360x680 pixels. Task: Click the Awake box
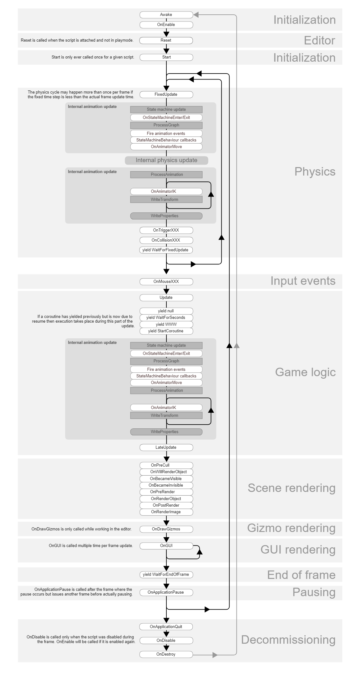coord(166,15)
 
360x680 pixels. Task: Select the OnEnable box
coord(166,25)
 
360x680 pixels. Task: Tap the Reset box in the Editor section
coord(166,40)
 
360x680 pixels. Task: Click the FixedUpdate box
coord(166,95)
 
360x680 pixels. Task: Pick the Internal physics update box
coord(166,161)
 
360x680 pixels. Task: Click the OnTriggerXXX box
coord(166,230)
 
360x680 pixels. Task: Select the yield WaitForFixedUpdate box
coord(166,250)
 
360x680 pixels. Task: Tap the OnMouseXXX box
coord(166,282)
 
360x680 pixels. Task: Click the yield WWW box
coord(166,325)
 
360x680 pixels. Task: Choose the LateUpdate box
coord(166,447)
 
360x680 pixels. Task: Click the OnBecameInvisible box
coord(166,485)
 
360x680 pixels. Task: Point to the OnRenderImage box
coord(166,512)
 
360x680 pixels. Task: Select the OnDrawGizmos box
coord(166,529)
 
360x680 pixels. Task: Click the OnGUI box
coord(166,546)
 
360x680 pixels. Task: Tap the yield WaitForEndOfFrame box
coord(166,575)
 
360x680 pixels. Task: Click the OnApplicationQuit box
coord(166,627)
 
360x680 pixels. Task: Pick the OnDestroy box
coord(166,654)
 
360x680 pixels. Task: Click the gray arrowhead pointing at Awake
coord(196,15)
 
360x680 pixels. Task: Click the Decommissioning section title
coord(288,640)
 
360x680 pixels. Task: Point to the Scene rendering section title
coord(292,488)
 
